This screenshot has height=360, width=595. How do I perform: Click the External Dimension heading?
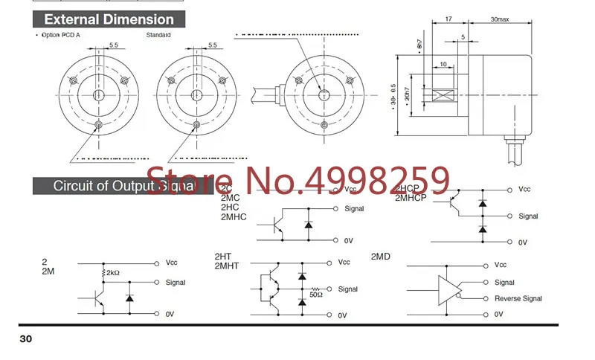109,19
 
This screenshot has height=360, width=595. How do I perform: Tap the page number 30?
26,339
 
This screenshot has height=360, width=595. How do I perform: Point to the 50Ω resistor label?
316,295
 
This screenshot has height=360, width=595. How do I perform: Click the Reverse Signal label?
518,298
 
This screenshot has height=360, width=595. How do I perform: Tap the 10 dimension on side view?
443,65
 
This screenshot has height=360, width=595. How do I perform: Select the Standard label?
158,35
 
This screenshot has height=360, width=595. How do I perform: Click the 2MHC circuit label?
233,217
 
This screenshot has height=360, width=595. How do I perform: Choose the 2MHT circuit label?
227,266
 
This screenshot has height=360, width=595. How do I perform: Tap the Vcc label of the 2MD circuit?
501,264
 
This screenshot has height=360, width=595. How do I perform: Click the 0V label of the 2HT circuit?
342,315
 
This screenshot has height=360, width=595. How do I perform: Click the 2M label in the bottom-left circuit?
48,271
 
